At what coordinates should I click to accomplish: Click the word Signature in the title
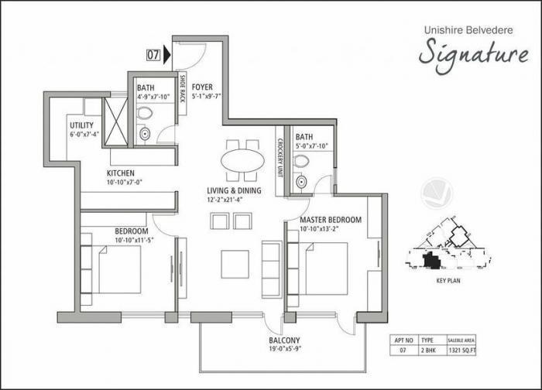coord(474,53)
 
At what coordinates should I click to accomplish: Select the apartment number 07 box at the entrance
coord(153,55)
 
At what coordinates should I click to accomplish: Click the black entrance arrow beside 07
coord(167,55)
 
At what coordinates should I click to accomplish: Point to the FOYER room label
coord(202,87)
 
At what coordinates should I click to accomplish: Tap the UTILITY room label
coord(81,125)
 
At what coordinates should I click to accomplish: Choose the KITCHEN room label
coord(121,173)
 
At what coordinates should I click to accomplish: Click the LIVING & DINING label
coord(234,190)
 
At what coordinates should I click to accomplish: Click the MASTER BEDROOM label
coord(331,220)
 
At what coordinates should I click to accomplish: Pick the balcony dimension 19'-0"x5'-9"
coord(286,350)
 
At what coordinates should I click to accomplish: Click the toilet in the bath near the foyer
coord(144,115)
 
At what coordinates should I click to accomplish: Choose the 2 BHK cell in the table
coord(427,351)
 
